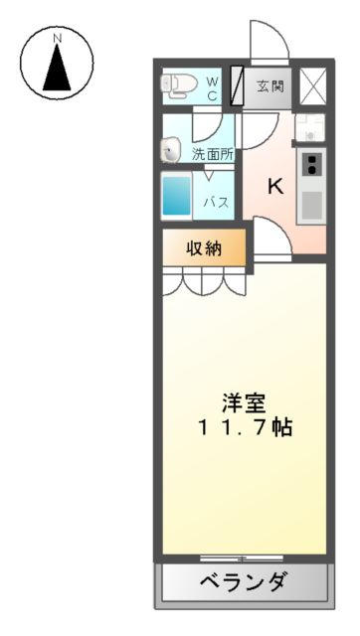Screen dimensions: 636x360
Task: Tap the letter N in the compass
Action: (x=58, y=39)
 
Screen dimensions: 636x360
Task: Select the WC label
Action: (x=214, y=85)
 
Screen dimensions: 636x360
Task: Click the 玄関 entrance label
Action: (x=267, y=85)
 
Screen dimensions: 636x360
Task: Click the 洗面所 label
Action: (x=212, y=154)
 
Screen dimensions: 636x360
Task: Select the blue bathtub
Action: (x=177, y=195)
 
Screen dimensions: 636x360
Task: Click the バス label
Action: (x=217, y=202)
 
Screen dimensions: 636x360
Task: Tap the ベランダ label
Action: (x=243, y=582)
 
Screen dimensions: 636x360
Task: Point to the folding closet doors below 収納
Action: (x=205, y=283)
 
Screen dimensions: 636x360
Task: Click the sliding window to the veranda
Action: (x=242, y=557)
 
